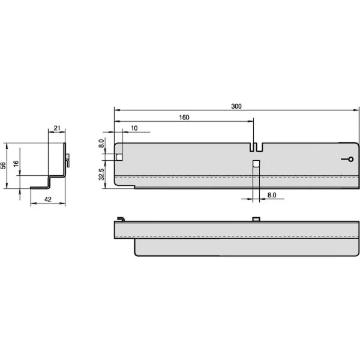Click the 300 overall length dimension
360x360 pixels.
click(236, 106)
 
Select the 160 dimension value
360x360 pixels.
click(184, 118)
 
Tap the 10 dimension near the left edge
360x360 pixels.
click(134, 128)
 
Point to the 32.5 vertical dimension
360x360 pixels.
click(101, 174)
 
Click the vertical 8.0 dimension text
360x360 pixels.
click(101, 143)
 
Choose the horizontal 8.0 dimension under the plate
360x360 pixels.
click(272, 195)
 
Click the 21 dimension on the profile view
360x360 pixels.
click(57, 128)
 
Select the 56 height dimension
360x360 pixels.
click(3, 166)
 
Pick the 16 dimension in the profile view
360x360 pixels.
click(16, 164)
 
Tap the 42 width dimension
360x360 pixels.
click(48, 199)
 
